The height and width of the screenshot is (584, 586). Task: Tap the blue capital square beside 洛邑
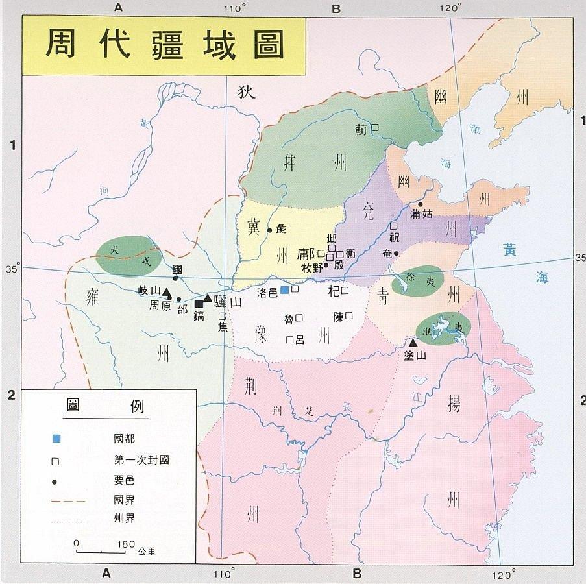coord(284,289)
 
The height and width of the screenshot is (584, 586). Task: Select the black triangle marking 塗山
coord(412,342)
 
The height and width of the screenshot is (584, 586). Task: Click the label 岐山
coord(149,290)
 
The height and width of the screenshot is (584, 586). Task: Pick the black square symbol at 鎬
coord(199,304)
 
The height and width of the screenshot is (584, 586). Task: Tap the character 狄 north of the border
coord(247,92)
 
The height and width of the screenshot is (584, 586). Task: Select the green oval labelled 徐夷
coord(419,280)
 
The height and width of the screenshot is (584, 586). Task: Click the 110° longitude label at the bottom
coord(224,574)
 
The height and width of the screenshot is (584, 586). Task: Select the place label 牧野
coord(312,267)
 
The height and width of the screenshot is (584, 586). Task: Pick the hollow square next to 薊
coord(374,128)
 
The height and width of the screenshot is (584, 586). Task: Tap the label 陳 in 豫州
coord(337,317)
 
